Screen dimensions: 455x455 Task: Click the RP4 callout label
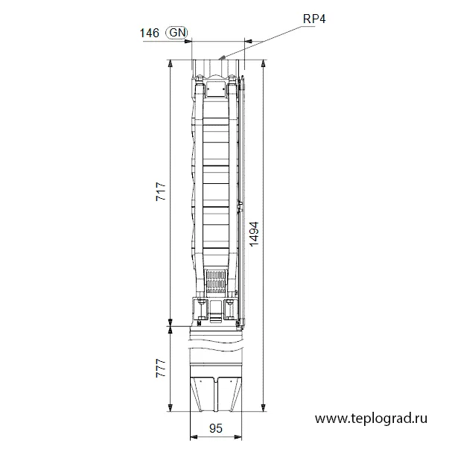pos(314,19)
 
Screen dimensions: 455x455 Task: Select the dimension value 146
pos(150,33)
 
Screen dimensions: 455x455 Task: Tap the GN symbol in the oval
pos(176,33)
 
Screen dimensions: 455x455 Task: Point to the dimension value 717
pos(161,191)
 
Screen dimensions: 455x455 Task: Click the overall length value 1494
pos(254,235)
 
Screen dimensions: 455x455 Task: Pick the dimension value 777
pos(161,368)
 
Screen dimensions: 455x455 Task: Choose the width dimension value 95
pos(216,428)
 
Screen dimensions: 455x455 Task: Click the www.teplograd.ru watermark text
pos(371,419)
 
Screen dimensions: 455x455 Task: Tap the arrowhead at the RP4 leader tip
pos(222,57)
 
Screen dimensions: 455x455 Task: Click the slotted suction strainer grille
pos(216,281)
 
